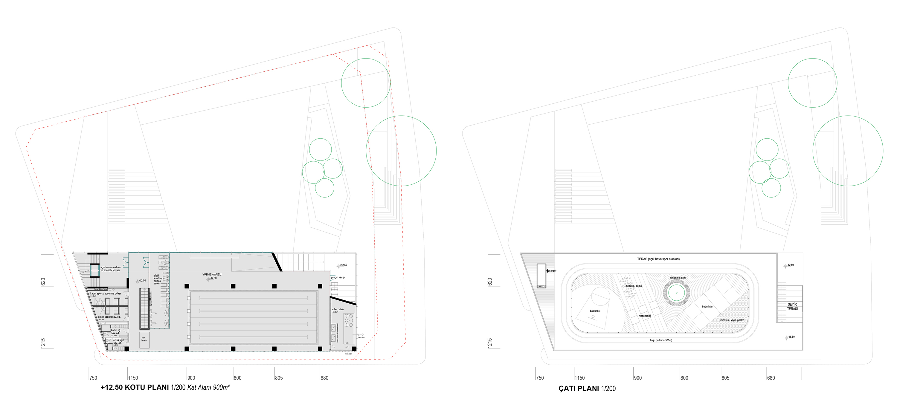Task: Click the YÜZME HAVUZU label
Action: (212, 275)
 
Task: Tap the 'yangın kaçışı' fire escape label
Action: (338, 277)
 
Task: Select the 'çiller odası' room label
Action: (338, 309)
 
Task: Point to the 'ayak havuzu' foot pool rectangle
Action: (144, 339)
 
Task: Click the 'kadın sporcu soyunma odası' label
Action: (106, 294)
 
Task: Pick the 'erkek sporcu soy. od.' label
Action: (109, 317)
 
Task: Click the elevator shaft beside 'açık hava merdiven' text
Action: (95, 270)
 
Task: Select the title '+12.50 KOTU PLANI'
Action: (135, 387)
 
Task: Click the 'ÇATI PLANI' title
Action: (579, 389)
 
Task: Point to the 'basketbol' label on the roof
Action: (595, 311)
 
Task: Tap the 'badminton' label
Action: (707, 307)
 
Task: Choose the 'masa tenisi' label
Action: (645, 316)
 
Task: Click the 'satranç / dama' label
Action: (634, 286)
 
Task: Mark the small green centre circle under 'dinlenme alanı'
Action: (677, 293)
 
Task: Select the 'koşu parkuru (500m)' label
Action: (661, 340)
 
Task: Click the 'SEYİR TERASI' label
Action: (792, 307)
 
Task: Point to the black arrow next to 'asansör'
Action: (547, 271)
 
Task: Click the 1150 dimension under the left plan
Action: (133, 378)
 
